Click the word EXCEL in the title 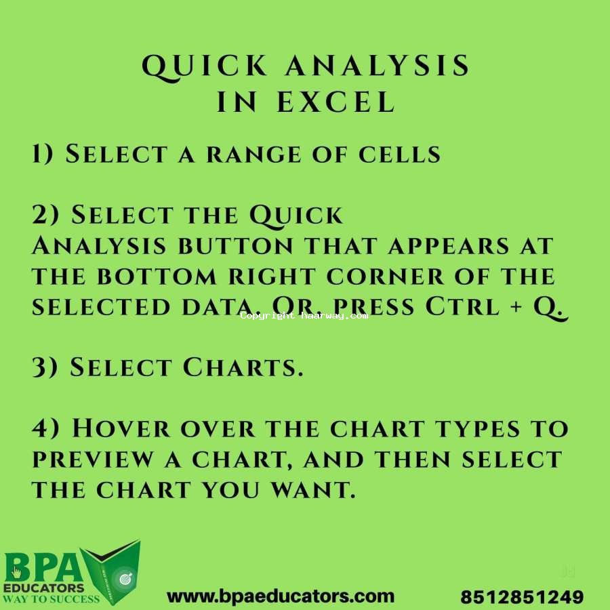[336, 102]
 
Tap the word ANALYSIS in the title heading [378, 65]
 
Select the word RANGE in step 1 [253, 155]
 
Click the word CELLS [399, 155]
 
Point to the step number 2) [45, 214]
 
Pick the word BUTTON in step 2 [235, 246]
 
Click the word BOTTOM [157, 277]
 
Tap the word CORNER [385, 277]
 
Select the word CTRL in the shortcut [462, 306]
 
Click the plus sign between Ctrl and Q [516, 307]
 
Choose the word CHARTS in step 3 [243, 367]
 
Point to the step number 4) [45, 428]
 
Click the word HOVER [121, 428]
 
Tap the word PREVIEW [93, 460]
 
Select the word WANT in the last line [313, 490]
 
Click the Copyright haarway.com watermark [304, 315]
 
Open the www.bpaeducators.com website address [281, 596]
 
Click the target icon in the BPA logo [125, 579]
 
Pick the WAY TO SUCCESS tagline [52, 598]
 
